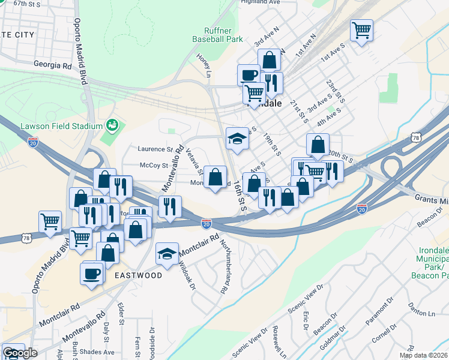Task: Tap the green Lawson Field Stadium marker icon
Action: (x=110, y=125)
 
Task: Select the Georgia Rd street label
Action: (x=52, y=64)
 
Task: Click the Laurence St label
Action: (x=155, y=149)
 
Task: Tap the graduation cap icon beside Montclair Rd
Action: (x=167, y=253)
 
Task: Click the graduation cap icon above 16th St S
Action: (x=238, y=138)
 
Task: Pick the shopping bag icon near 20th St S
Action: (x=318, y=145)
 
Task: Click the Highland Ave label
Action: (x=261, y=2)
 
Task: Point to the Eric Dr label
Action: (x=306, y=323)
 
